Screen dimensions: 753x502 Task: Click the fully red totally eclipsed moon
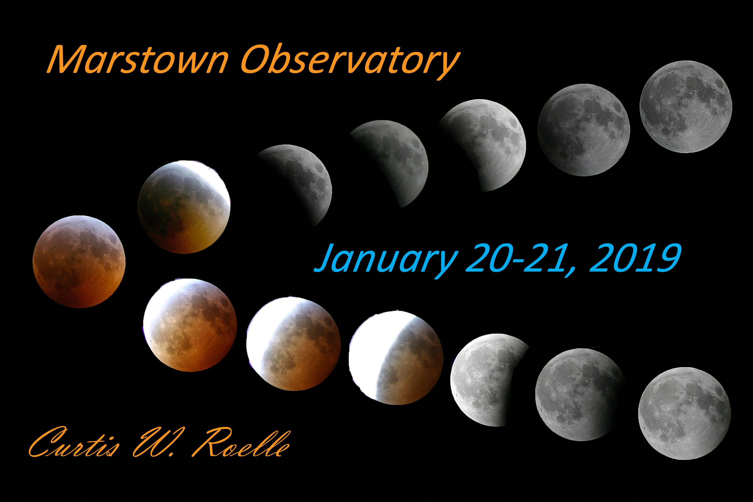coord(79,262)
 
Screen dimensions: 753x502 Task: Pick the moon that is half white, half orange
coord(396,358)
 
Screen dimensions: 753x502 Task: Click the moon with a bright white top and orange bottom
coord(184,207)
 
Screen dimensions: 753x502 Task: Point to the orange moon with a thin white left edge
coord(190,325)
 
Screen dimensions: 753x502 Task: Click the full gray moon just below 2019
coord(684,413)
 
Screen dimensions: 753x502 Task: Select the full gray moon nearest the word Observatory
coord(584,130)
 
